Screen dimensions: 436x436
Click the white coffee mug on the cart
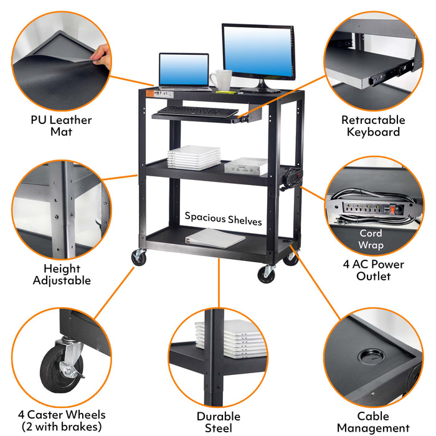click(x=222, y=80)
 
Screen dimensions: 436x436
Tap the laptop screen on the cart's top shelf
click(x=184, y=70)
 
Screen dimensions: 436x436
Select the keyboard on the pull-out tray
click(x=197, y=111)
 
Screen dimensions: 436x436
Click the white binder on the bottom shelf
click(x=216, y=238)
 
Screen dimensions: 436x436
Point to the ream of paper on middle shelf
click(x=246, y=166)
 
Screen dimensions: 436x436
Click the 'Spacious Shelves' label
click(x=223, y=219)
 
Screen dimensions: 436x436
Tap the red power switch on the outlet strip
click(x=392, y=209)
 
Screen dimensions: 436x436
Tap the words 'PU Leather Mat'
click(x=61, y=126)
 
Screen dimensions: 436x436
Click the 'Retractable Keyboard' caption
click(x=373, y=126)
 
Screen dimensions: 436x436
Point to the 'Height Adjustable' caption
click(x=62, y=275)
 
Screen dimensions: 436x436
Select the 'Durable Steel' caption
click(x=219, y=422)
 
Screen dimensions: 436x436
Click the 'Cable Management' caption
click(x=373, y=422)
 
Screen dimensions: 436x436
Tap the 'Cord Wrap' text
click(x=371, y=239)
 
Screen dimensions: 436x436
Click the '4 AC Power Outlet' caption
click(x=374, y=270)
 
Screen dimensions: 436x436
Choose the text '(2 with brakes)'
click(x=62, y=427)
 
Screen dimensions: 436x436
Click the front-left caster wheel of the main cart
click(x=139, y=257)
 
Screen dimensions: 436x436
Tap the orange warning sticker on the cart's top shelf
click(x=150, y=94)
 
